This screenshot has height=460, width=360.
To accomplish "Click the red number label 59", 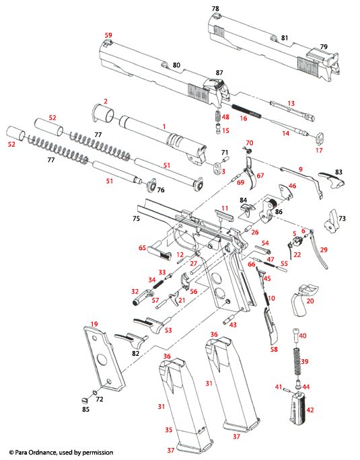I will pyautogui.click(x=108, y=34).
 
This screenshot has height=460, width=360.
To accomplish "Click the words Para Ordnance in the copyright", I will pyautogui.click(x=40, y=453).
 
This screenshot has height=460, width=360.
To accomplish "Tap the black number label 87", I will pyautogui.click(x=219, y=73).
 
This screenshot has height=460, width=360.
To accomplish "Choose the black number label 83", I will pyautogui.click(x=338, y=173).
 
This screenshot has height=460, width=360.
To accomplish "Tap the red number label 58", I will pyautogui.click(x=273, y=350).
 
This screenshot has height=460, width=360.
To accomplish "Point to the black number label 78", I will pyautogui.click(x=215, y=9).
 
